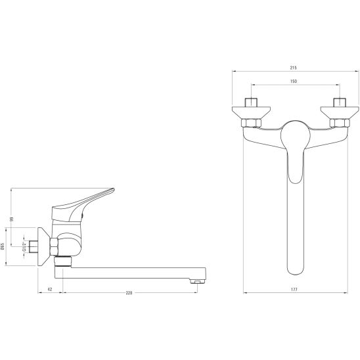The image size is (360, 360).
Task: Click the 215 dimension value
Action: click(293, 68)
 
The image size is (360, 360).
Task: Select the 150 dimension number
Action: click(294, 81)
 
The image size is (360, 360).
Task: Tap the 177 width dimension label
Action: click(294, 290)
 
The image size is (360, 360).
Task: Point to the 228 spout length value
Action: click(129, 293)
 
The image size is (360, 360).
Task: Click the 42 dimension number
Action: click(50, 289)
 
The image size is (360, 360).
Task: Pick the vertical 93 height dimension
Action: click(12, 219)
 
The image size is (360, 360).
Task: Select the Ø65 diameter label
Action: click(3, 246)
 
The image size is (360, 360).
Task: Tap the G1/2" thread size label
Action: click(24, 246)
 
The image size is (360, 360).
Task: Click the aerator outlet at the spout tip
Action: click(196, 281)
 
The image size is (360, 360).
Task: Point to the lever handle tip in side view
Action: click(112, 191)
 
